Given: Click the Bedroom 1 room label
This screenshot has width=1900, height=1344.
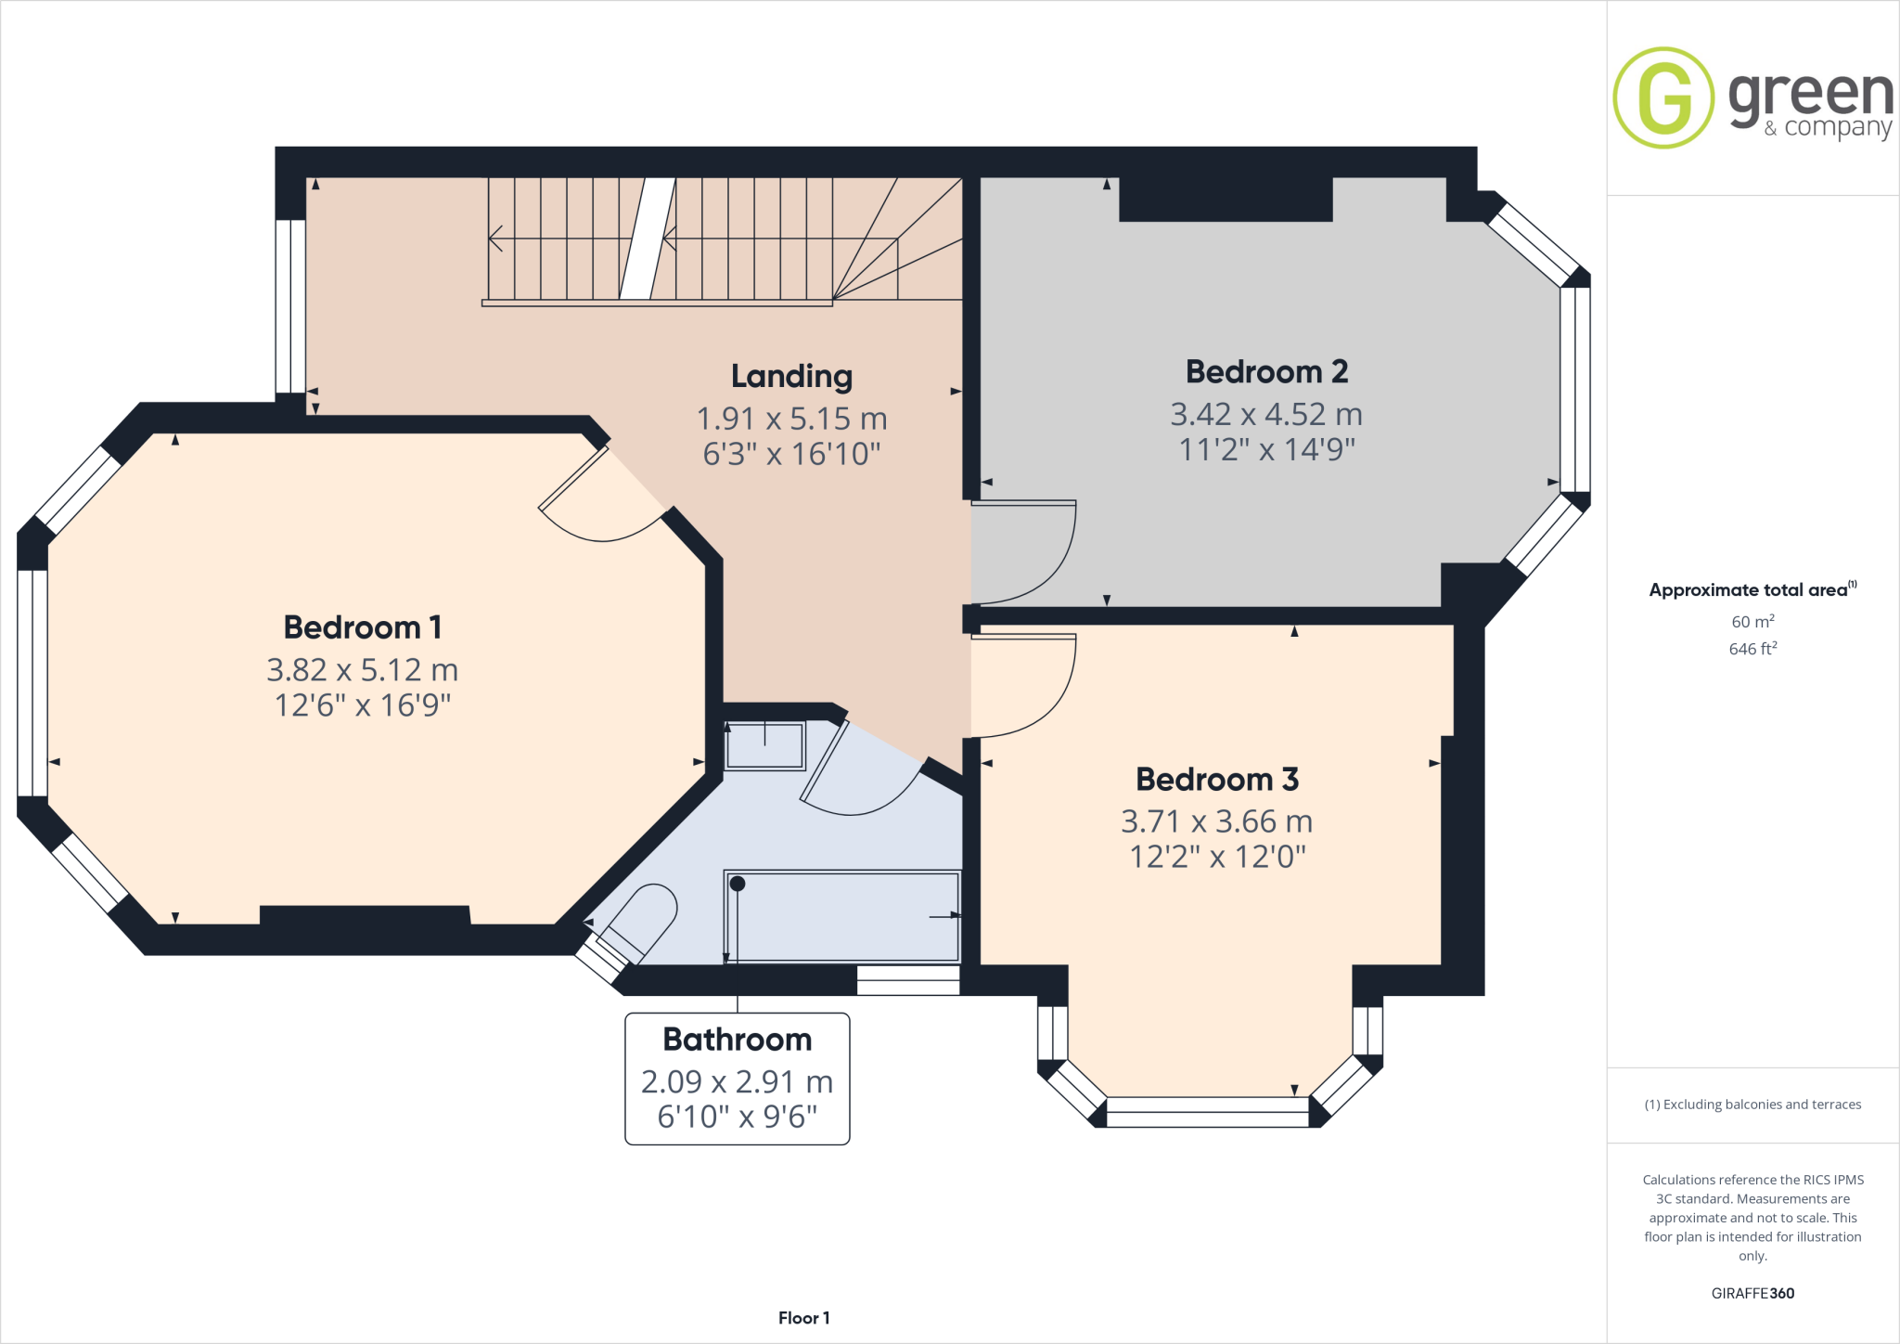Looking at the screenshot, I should click(362, 627).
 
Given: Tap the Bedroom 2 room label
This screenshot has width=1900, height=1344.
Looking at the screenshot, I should click(1266, 372).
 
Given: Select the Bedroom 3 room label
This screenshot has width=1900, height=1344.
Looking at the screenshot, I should click(1217, 780).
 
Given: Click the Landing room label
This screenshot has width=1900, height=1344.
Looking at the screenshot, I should click(791, 376).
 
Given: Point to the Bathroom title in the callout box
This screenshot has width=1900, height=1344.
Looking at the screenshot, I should click(738, 1040).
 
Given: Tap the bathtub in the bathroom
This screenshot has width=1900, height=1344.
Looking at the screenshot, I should click(841, 916).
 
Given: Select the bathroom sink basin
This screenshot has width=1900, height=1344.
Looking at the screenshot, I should click(764, 745).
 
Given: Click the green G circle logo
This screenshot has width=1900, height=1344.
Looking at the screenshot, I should click(1663, 97).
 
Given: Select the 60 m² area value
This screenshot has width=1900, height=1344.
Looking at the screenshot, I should click(1752, 622).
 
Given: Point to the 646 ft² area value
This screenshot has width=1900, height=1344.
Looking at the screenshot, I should click(1752, 649).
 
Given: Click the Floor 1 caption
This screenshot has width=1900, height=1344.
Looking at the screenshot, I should click(803, 1318).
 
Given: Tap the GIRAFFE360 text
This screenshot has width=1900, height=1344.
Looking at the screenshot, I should click(1752, 1293).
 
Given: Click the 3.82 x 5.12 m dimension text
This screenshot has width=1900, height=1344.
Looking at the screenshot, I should click(362, 670).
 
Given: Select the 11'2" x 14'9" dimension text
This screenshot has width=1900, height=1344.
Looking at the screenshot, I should click(1266, 450).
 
